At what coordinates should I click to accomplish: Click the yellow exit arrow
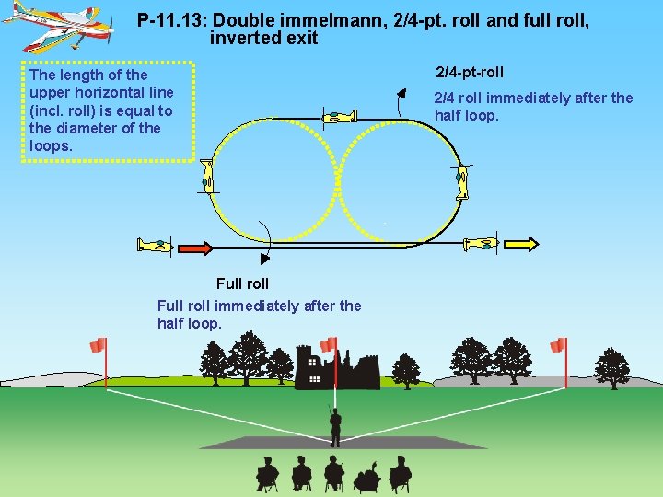pyautogui.click(x=520, y=244)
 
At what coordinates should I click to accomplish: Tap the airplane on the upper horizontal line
pyautogui.click(x=342, y=116)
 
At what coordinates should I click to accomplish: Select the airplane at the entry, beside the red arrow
pyautogui.click(x=154, y=245)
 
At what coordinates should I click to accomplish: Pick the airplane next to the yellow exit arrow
pyautogui.click(x=481, y=244)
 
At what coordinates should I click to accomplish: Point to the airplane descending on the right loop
pyautogui.click(x=462, y=181)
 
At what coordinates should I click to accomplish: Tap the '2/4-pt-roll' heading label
pyautogui.click(x=470, y=72)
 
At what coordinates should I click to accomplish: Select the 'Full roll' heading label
pyautogui.click(x=242, y=283)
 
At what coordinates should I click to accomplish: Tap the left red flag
pyautogui.click(x=99, y=345)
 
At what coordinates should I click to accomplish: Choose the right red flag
pyautogui.click(x=558, y=345)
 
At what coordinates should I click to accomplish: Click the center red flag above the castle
pyautogui.click(x=328, y=343)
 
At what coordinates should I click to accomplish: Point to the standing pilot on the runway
pyautogui.click(x=335, y=426)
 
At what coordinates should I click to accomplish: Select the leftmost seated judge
pyautogui.click(x=267, y=474)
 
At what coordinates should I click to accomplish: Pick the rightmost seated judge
pyautogui.click(x=399, y=474)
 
